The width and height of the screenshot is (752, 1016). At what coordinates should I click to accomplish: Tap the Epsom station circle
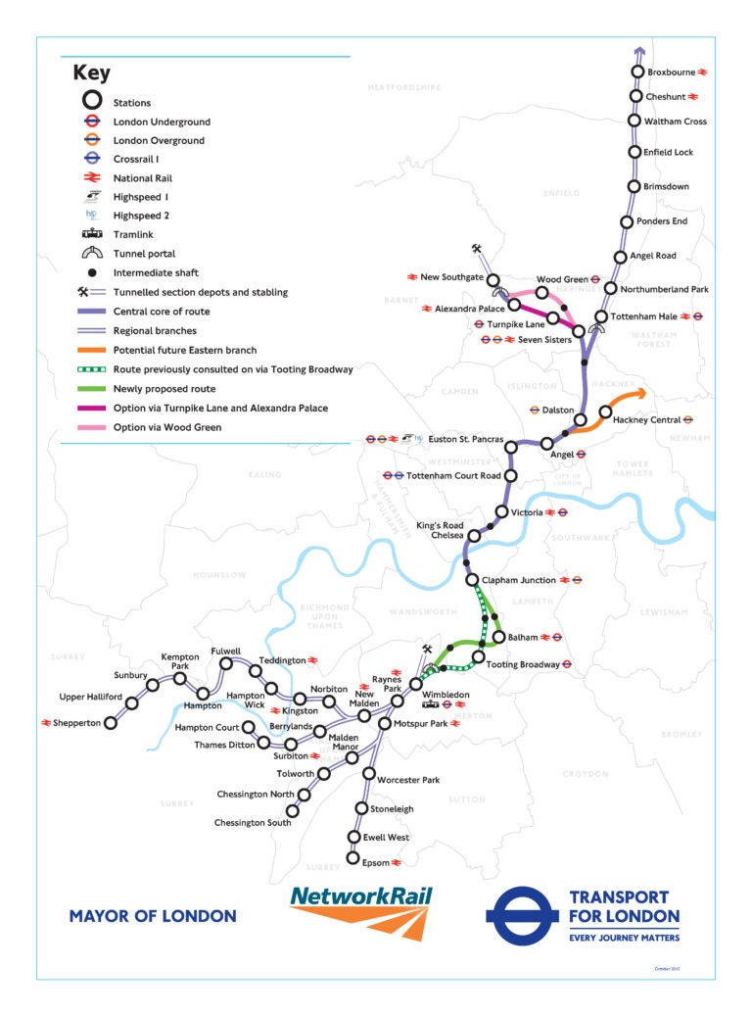[x=353, y=858]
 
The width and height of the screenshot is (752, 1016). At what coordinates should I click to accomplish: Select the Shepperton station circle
[x=111, y=723]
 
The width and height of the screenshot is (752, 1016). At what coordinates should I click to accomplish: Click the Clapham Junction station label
[x=518, y=580]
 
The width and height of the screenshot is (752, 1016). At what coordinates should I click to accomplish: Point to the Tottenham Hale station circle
[x=602, y=316]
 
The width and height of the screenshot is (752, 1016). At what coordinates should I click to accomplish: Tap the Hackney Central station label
[x=646, y=419]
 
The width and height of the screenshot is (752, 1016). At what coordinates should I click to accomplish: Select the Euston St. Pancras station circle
[x=510, y=447]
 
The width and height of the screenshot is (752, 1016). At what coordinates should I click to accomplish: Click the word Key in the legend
[x=91, y=73]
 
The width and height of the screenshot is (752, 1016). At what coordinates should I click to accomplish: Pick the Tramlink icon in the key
[x=91, y=234]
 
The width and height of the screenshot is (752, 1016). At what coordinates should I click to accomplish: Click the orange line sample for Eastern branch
[x=91, y=350]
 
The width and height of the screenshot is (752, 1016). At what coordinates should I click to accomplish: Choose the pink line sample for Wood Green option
[x=91, y=427]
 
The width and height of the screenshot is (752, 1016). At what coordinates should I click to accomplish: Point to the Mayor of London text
[x=153, y=917]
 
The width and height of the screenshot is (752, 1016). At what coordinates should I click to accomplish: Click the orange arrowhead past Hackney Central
[x=640, y=394]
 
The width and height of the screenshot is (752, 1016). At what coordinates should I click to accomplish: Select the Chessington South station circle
[x=292, y=810]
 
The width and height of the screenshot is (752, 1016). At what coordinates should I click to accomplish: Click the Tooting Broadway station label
[x=522, y=664]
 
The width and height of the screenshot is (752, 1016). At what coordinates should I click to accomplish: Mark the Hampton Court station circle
[x=249, y=727]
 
